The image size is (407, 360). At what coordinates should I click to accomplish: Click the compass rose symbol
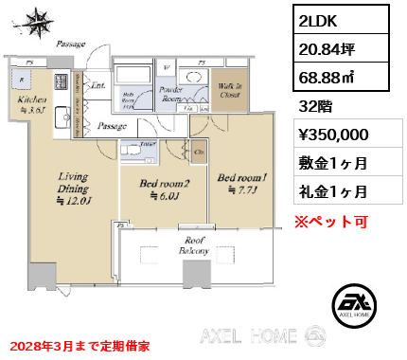39,21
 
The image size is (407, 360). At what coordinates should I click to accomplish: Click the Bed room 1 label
238,182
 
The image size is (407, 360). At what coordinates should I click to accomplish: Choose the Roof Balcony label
195,245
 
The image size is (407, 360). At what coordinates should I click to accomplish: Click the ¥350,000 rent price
332,135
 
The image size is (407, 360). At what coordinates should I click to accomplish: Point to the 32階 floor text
311,107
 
